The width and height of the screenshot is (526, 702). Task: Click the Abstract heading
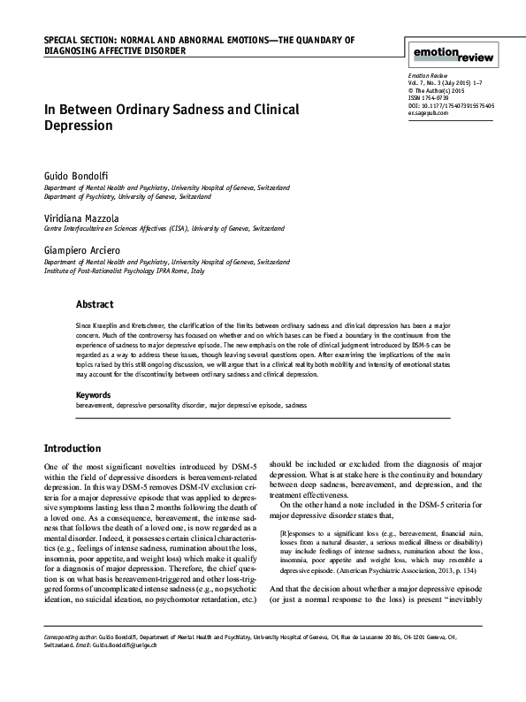tap(95, 305)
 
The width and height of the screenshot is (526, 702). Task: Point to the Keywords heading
tap(94, 394)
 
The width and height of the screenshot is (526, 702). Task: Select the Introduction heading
tap(78, 448)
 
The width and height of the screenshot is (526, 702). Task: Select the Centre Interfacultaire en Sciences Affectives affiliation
tap(141, 228)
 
